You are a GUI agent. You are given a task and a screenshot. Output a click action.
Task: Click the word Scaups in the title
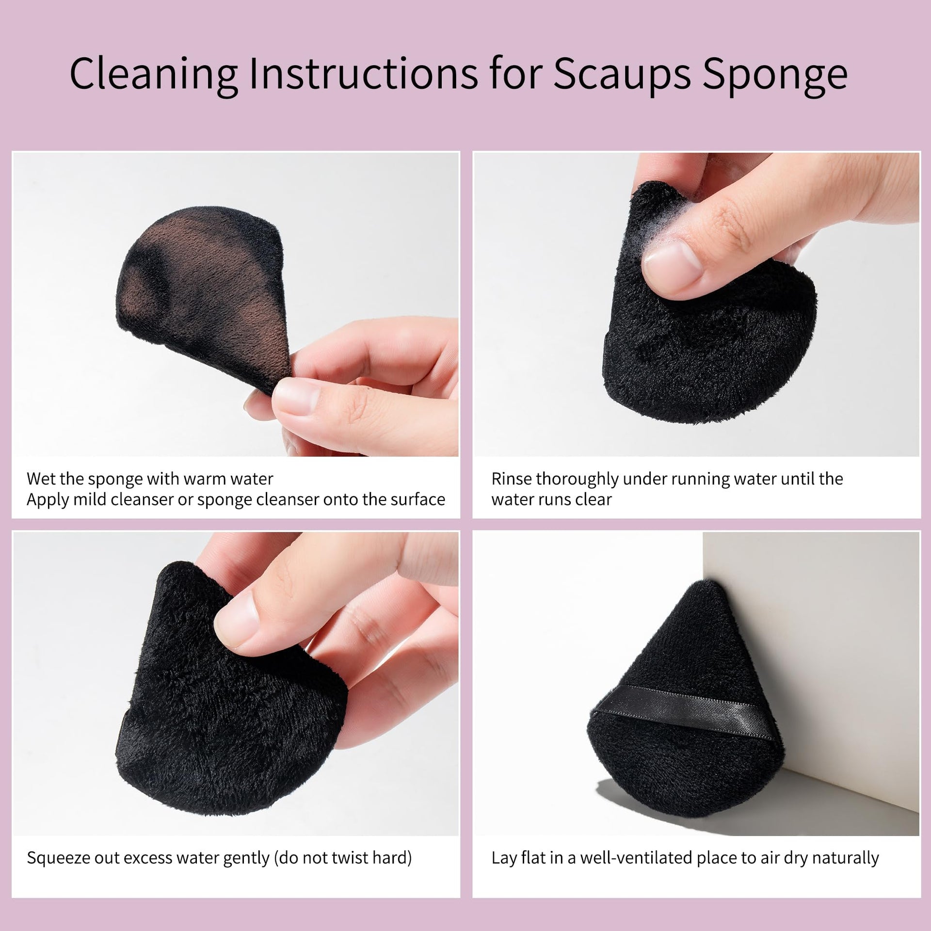point(622,75)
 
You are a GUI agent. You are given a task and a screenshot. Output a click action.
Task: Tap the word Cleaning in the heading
point(153,74)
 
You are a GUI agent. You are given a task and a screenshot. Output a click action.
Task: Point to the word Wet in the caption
point(39,479)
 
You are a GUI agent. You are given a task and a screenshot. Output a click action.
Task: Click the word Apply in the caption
point(48,500)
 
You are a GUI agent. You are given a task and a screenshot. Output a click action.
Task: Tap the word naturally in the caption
point(846,858)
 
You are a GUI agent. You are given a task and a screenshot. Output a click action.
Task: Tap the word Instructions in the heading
point(363,74)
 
